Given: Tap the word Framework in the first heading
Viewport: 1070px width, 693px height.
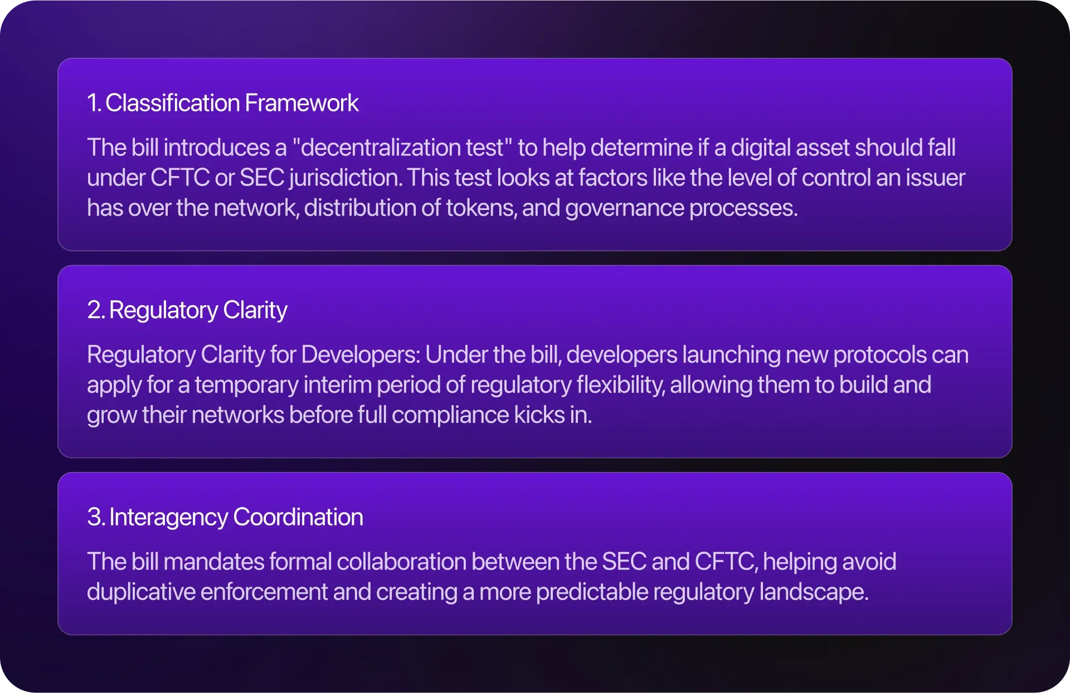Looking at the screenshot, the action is click(301, 103).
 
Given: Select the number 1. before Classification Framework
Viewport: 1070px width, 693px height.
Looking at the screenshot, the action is click(94, 103).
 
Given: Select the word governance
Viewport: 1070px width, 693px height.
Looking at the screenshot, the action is click(624, 208).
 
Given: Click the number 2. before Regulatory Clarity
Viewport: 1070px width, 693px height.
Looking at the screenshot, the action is click(96, 310).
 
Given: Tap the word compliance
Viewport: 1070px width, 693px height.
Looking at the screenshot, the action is click(450, 416).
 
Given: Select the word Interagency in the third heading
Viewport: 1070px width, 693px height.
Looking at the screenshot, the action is click(168, 518).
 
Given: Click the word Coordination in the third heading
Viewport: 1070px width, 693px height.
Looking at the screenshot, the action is click(298, 517).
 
